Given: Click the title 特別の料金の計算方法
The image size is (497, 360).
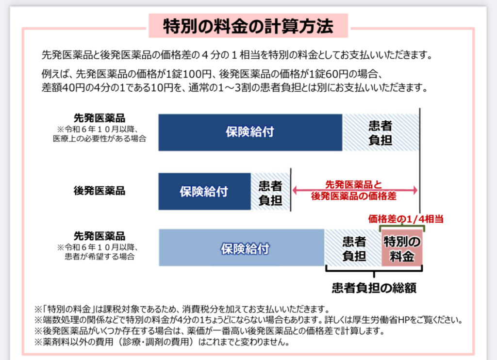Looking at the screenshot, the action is [x=248, y=26].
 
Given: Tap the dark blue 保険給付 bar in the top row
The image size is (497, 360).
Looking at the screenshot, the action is [x=250, y=132].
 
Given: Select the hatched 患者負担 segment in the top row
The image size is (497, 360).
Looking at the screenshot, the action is [x=381, y=132].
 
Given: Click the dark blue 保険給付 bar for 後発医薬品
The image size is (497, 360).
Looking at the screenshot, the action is [x=204, y=192].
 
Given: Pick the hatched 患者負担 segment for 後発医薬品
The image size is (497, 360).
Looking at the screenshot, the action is [x=270, y=192].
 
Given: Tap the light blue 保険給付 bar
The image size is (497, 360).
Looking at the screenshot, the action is [x=242, y=247].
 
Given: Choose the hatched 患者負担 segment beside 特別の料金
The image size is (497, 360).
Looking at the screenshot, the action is [x=353, y=247].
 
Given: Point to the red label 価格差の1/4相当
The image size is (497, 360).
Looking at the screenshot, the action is [x=406, y=219].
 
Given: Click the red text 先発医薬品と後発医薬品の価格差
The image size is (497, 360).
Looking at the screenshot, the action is [x=354, y=190].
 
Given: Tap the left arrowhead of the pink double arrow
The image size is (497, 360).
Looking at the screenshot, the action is [x=295, y=190].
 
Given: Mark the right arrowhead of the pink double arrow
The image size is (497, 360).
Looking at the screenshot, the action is [x=415, y=190].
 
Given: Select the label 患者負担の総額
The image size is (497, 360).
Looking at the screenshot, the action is [x=374, y=287].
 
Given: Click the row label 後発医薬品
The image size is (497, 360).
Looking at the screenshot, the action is [x=99, y=191].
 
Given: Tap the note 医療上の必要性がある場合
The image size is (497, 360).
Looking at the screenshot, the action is [x=99, y=138].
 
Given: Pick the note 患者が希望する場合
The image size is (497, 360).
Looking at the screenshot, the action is [x=99, y=256].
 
